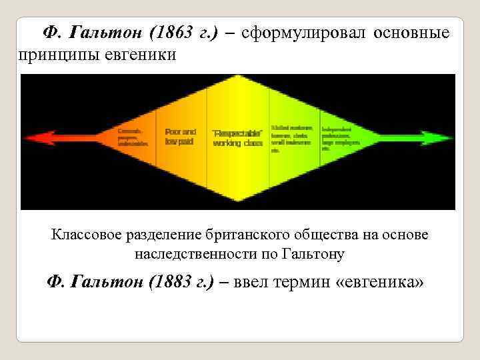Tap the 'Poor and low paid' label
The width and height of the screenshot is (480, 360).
[x=180, y=137]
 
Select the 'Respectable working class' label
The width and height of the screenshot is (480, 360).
[x=237, y=138]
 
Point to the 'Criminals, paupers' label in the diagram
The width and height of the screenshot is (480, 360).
[x=131, y=137]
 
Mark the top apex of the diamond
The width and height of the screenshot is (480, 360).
[x=239, y=77]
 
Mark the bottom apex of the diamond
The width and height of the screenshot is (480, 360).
[x=239, y=200]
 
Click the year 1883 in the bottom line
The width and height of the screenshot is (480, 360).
[x=175, y=282]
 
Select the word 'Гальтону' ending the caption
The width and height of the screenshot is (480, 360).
[x=313, y=255]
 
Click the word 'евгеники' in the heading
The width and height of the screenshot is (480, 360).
[x=141, y=54]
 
